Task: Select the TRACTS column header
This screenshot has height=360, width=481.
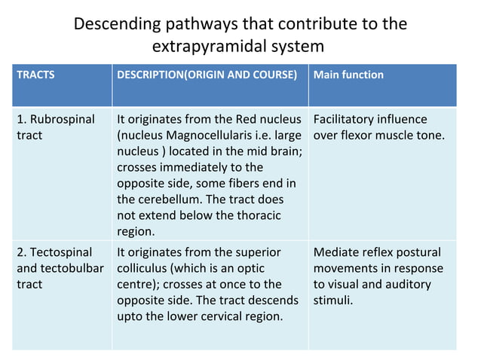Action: (x=35, y=75)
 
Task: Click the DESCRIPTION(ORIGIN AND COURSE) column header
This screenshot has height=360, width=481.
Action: (x=207, y=75)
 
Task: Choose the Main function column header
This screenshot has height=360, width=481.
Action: (x=348, y=75)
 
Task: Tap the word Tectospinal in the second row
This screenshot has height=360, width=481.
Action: (x=57, y=252)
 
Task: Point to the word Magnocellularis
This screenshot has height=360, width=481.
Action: (x=212, y=136)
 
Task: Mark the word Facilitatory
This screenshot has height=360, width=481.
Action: (x=349, y=120)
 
